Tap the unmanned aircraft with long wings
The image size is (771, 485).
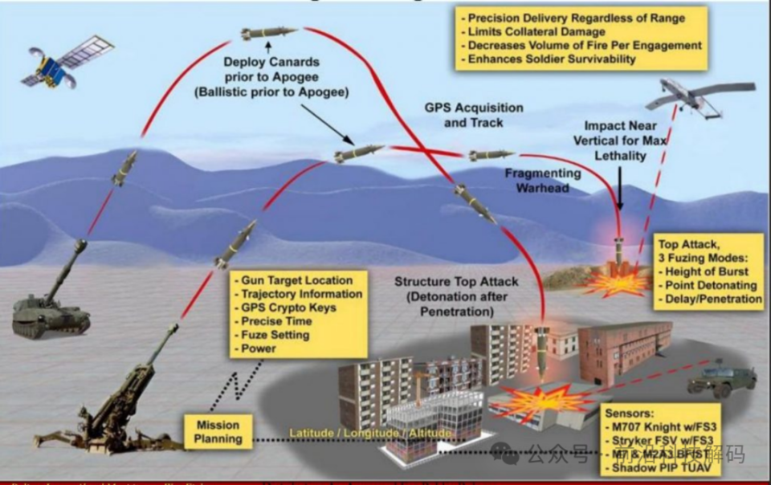click(x=698, y=95)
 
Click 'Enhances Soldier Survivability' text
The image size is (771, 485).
click(x=552, y=59)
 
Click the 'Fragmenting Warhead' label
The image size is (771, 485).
click(x=543, y=181)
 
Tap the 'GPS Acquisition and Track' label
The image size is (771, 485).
click(x=473, y=115)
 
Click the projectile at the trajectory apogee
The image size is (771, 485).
click(x=267, y=33)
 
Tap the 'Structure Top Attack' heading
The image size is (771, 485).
click(x=456, y=282)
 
